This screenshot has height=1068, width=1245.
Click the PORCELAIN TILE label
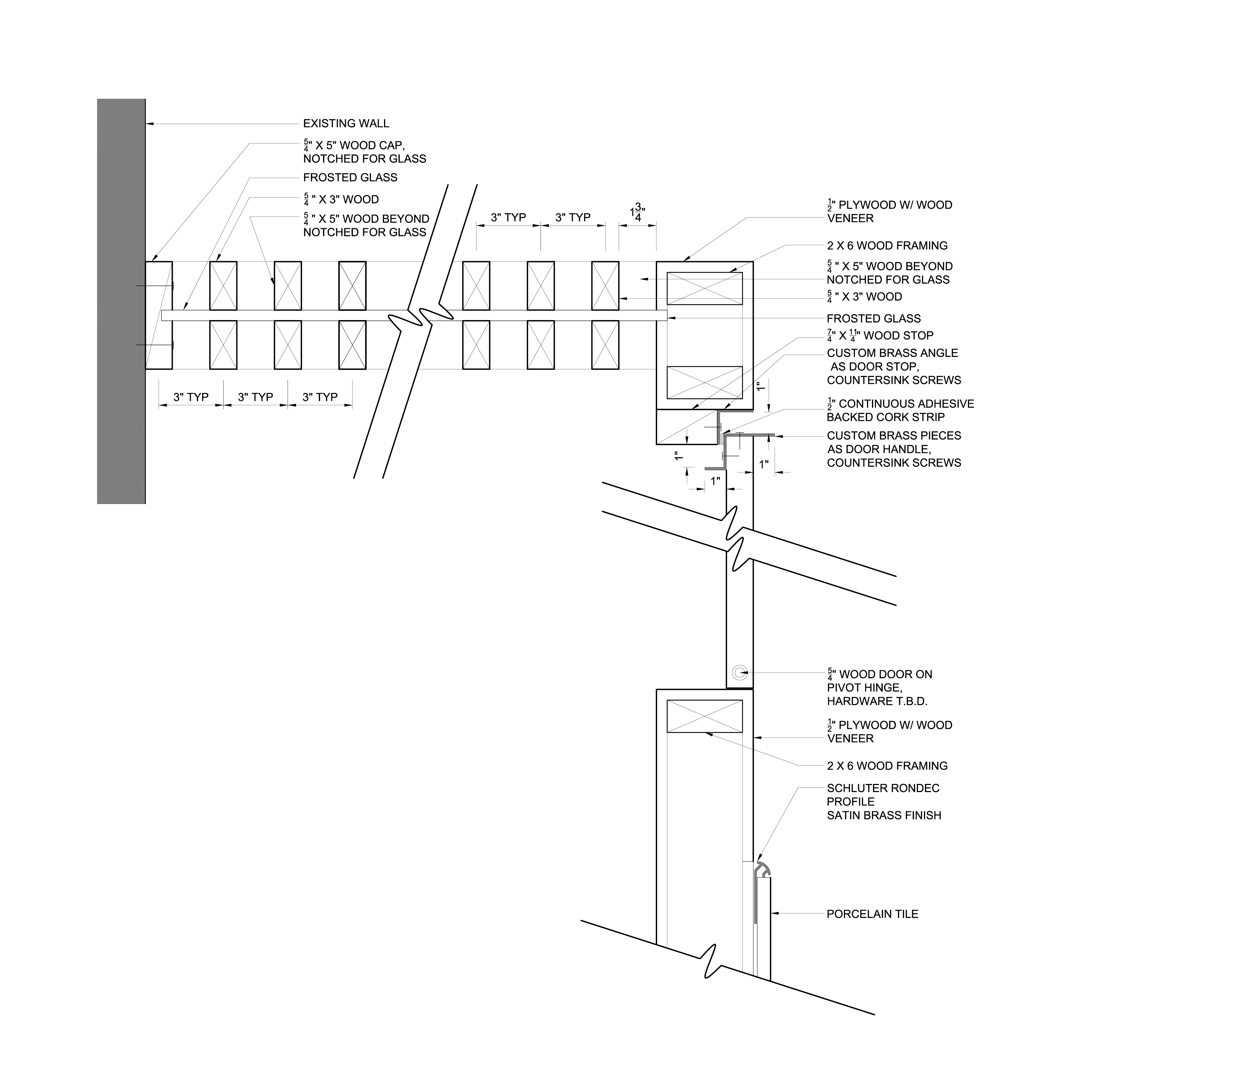click(x=872, y=914)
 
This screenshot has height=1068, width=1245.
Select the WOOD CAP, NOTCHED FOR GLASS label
click(x=364, y=152)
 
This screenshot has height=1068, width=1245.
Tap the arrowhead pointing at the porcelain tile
click(x=774, y=914)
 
